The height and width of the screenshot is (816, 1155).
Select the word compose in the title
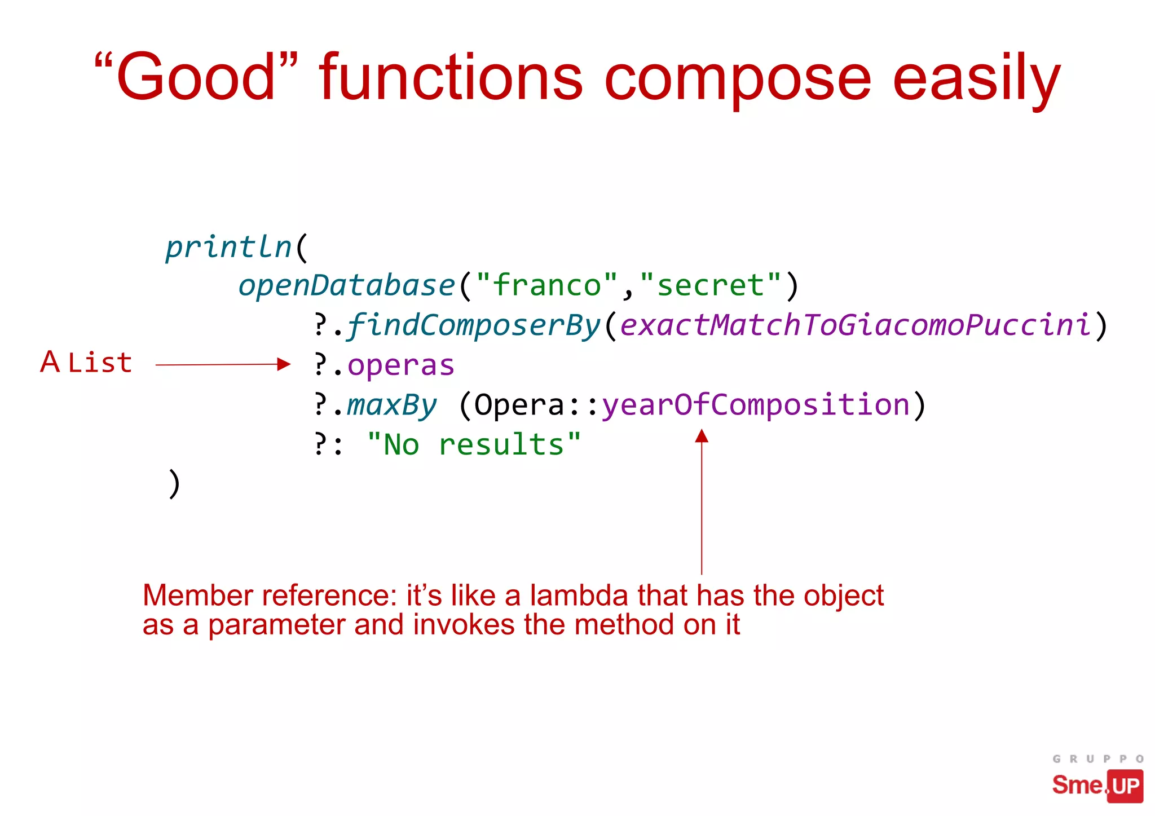tap(738, 79)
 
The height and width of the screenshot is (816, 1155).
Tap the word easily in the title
tap(976, 79)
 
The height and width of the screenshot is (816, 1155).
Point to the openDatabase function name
tap(346, 285)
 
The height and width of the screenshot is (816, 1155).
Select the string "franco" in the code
tap(546, 285)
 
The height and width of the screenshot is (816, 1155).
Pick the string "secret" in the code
tap(711, 285)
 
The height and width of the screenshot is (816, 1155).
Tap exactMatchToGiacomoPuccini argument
tap(855, 325)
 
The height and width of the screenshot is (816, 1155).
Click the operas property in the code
tap(400, 365)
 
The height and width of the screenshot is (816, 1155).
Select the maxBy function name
tap(391, 405)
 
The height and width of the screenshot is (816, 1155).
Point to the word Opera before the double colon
tap(519, 405)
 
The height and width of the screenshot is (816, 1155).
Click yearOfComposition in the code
tap(756, 405)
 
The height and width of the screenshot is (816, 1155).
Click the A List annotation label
tap(86, 363)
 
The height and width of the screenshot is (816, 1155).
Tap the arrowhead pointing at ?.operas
tap(284, 364)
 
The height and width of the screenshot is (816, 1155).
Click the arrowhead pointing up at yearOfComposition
tap(702, 436)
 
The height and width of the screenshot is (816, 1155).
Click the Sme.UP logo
tap(1097, 784)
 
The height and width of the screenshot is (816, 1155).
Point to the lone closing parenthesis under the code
tap(174, 484)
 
